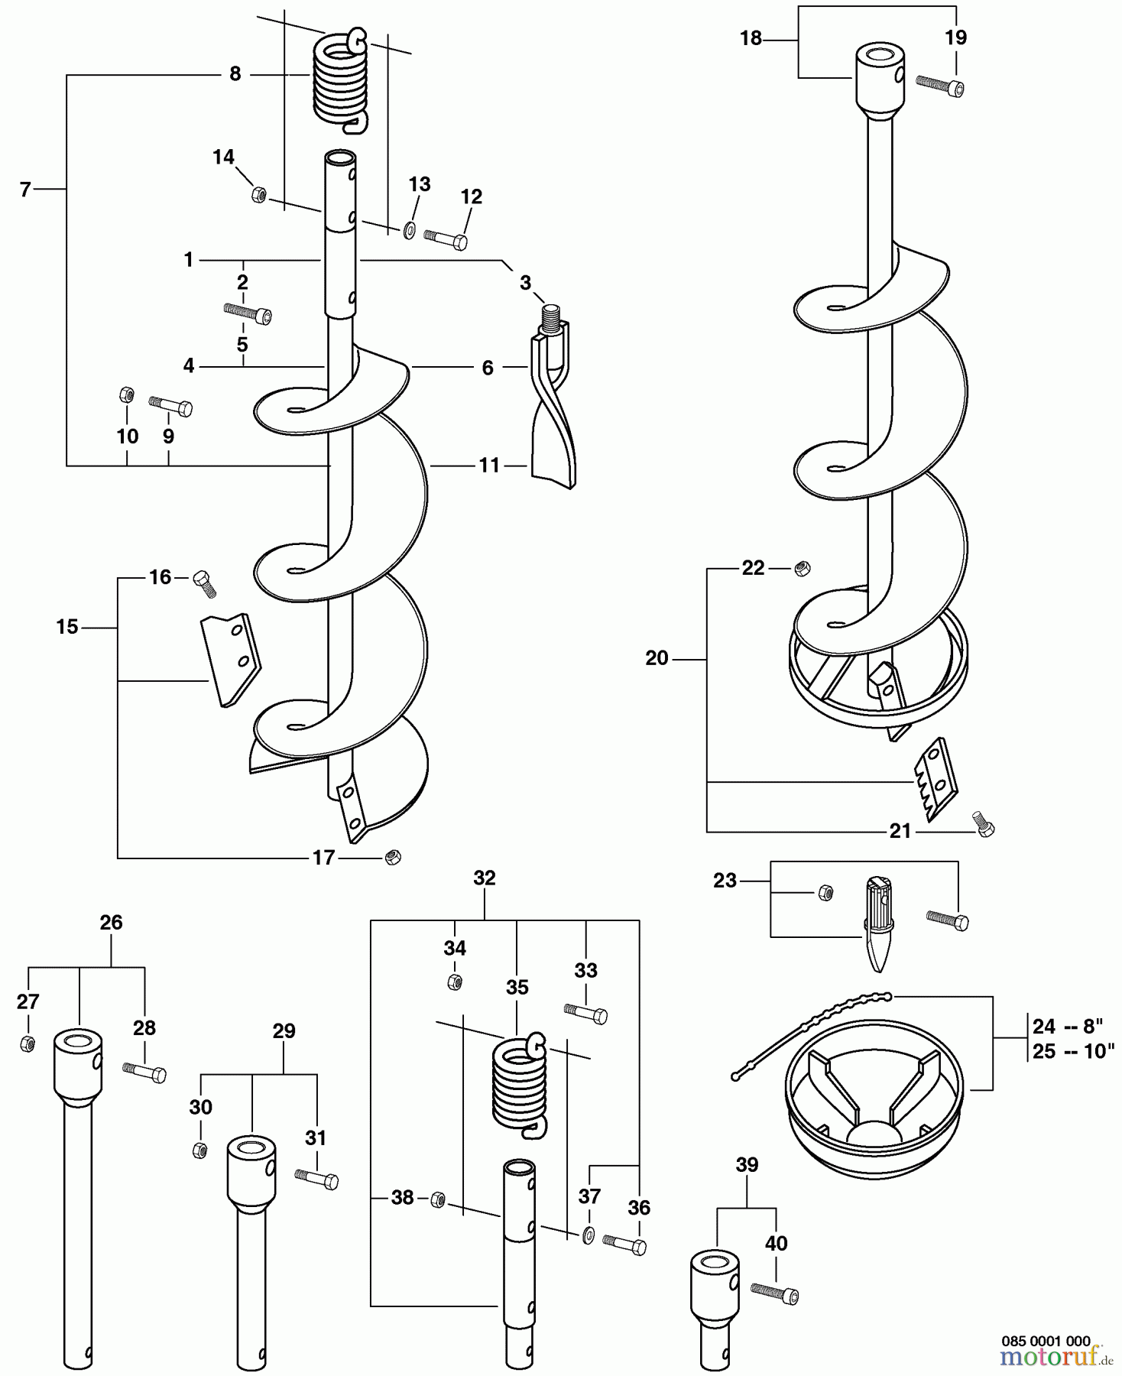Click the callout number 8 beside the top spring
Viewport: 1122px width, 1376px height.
235,74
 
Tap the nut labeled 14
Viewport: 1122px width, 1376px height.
258,195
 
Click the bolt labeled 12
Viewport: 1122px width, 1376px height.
446,239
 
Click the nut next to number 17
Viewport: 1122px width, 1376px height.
393,856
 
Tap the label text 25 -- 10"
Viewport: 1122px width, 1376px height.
1074,1051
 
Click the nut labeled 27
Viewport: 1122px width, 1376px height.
27,1043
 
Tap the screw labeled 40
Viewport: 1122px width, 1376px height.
775,1293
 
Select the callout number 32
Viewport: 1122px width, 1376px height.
485,878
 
